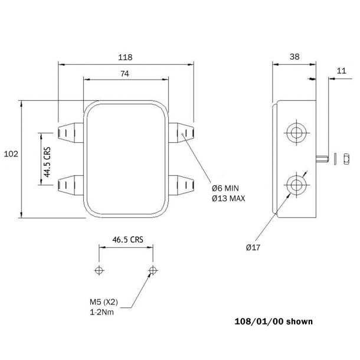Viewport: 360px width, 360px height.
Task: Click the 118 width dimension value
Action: coord(125,57)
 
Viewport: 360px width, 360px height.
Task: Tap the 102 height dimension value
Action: coord(10,153)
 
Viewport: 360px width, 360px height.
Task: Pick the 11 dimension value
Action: coord(340,70)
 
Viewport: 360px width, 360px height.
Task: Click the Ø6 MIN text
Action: coord(227,188)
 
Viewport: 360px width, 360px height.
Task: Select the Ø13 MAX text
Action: coord(229,198)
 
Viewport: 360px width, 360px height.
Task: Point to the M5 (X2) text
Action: coord(104,302)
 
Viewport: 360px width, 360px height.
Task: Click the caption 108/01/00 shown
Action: coord(273,322)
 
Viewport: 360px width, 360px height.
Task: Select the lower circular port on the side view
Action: coord(295,185)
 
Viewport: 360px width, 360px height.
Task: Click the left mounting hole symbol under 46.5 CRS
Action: coord(99,270)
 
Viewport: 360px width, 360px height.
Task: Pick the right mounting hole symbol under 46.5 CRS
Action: coord(153,270)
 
